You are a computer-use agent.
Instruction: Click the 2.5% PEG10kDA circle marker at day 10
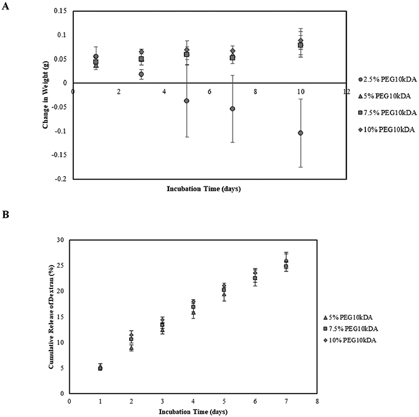301,133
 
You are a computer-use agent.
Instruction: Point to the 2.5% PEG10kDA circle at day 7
232,108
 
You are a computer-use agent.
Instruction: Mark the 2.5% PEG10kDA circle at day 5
187,101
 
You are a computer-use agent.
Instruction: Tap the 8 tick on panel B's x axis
317,401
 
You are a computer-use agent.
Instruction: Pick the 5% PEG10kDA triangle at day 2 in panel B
131,348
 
